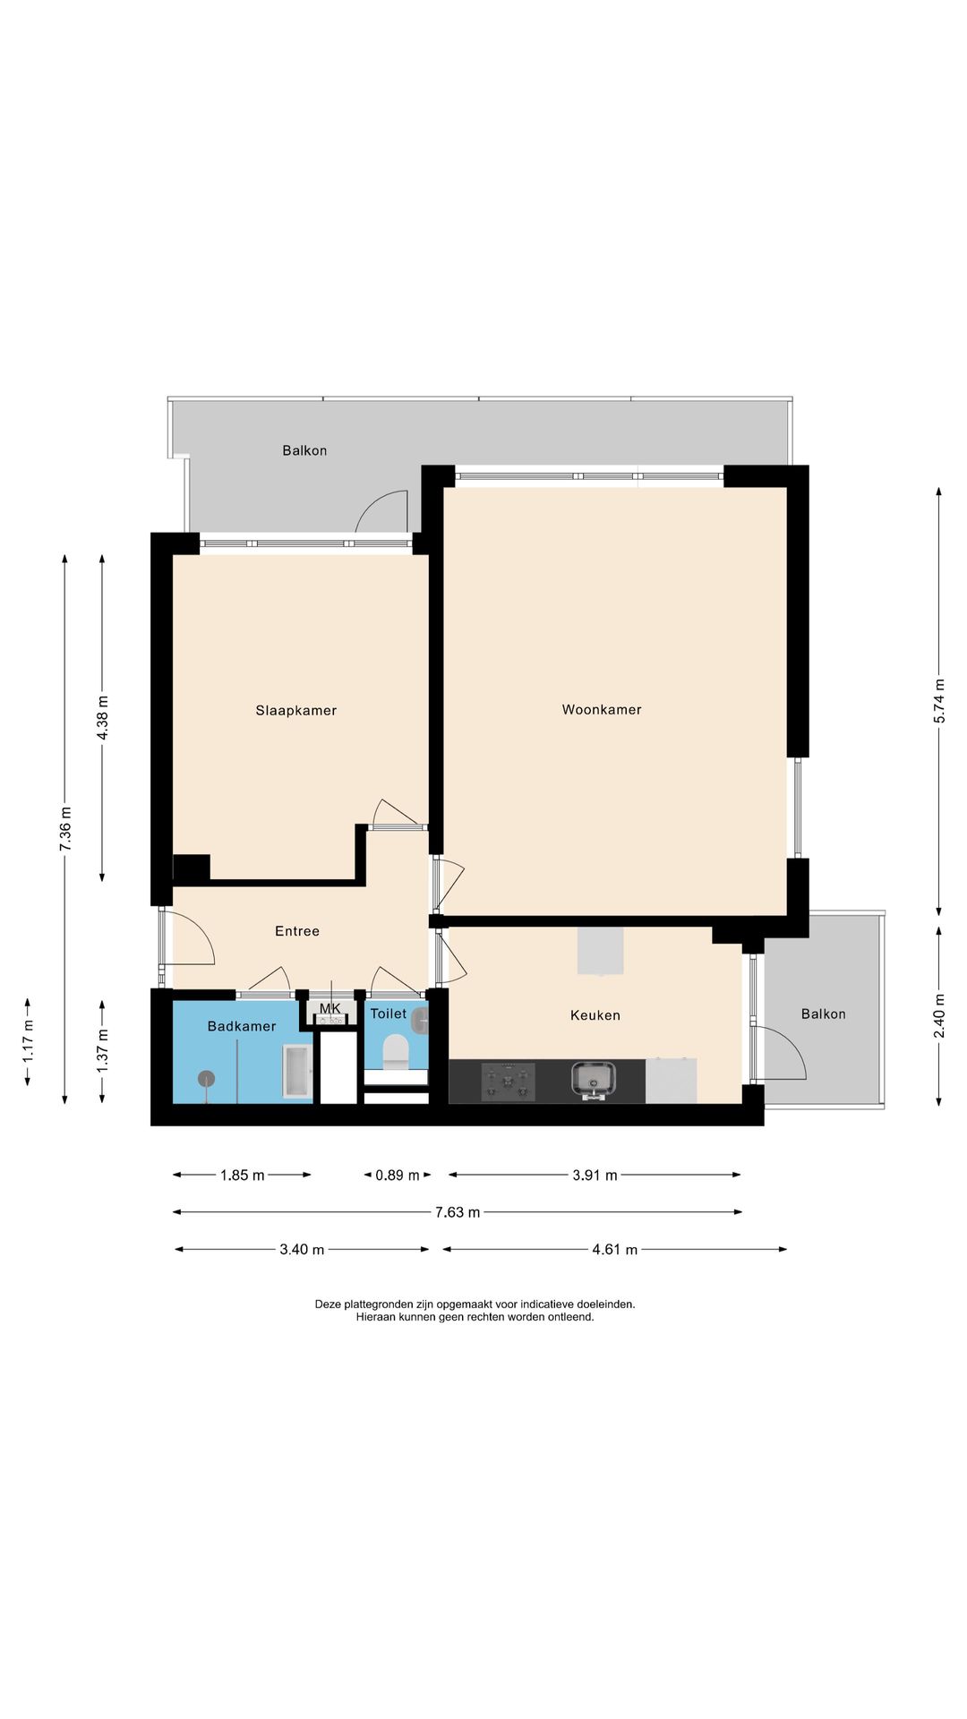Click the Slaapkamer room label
pos(296,711)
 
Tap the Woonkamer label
pos(602,710)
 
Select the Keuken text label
pos(595,1015)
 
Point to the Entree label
pos(297,931)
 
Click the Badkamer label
pos(242,1026)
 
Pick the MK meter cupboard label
pos(330,1009)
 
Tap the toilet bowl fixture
pos(396,1052)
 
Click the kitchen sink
pos(594,1081)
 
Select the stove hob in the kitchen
pos(509,1082)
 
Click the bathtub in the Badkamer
pos(297,1071)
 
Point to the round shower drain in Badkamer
pos(206,1079)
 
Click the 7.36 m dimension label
pos(65,829)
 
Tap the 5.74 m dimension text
pos(939,702)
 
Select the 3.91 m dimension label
pos(595,1176)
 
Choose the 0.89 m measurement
pos(398,1176)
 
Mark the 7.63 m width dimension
pos(458,1212)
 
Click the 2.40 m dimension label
pos(939,1016)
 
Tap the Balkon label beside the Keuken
pos(824,1014)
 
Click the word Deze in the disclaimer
pos(329,1304)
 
